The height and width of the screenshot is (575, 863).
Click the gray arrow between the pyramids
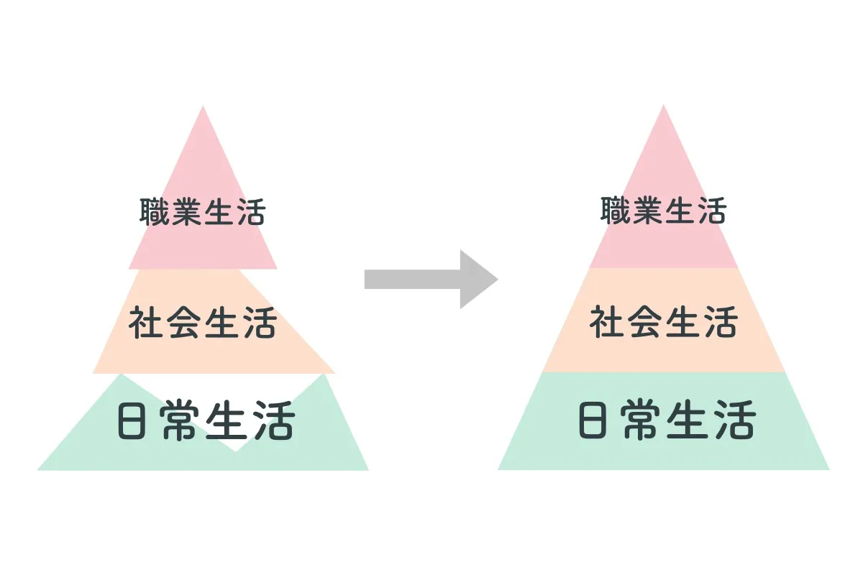[424, 279]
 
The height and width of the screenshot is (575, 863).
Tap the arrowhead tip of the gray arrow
[497, 279]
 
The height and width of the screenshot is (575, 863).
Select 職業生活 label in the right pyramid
[664, 211]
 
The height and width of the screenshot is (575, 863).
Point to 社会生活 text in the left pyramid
[203, 323]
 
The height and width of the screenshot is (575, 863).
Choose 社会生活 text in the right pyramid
[664, 322]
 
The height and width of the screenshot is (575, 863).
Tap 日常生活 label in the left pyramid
[206, 422]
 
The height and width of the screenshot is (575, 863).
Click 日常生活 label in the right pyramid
[667, 421]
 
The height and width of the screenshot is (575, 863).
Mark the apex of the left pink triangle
[203, 107]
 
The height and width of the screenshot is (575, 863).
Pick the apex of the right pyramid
[663, 106]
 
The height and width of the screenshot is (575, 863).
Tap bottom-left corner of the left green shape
[39, 469]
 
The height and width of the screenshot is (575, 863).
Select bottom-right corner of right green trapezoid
[828, 469]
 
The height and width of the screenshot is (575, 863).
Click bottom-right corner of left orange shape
[334, 372]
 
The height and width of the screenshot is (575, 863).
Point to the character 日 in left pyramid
[134, 423]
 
